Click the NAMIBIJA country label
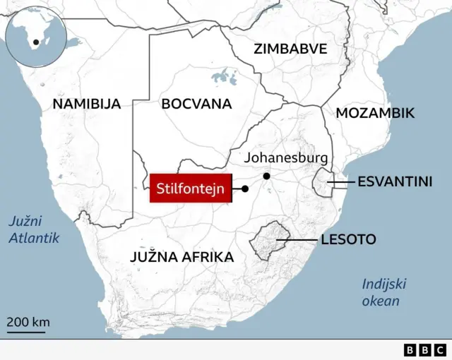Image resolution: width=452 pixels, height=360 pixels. coord(87,104)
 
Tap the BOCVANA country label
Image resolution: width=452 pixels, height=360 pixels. coord(196,104)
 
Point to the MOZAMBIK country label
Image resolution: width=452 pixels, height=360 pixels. coord(375,113)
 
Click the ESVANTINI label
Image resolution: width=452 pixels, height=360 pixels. coord(395,181)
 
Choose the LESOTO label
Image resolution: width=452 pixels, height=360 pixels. coord(348,240)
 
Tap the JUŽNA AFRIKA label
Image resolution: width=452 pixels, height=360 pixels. coord(182,257)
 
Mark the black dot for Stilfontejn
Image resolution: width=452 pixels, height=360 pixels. coord(245,189)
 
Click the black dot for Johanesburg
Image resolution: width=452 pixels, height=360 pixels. coord(266,176)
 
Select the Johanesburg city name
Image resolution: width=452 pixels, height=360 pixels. coord(286,158)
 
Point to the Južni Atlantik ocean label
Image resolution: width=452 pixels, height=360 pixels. coord(33,229)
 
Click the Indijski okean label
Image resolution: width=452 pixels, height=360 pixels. coord(382,293)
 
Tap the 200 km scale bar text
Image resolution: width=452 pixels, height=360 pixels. coord(28,323)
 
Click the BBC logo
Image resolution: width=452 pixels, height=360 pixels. coord(426,349)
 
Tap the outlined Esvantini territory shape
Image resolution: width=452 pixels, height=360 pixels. coord(325,184)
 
